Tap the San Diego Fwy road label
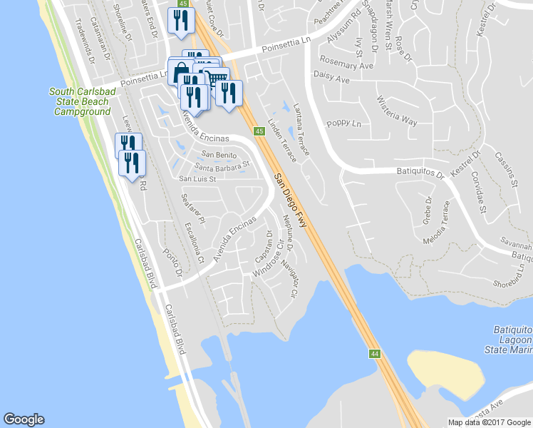(x=292, y=200)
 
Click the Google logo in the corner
(x=24, y=419)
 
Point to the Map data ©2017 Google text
(x=489, y=422)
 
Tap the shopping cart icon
(x=218, y=77)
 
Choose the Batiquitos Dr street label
(x=420, y=171)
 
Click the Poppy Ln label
(x=340, y=123)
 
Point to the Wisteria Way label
(x=397, y=111)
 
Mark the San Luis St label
(x=197, y=178)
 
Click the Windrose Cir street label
(x=269, y=264)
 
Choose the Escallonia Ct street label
(x=195, y=242)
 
